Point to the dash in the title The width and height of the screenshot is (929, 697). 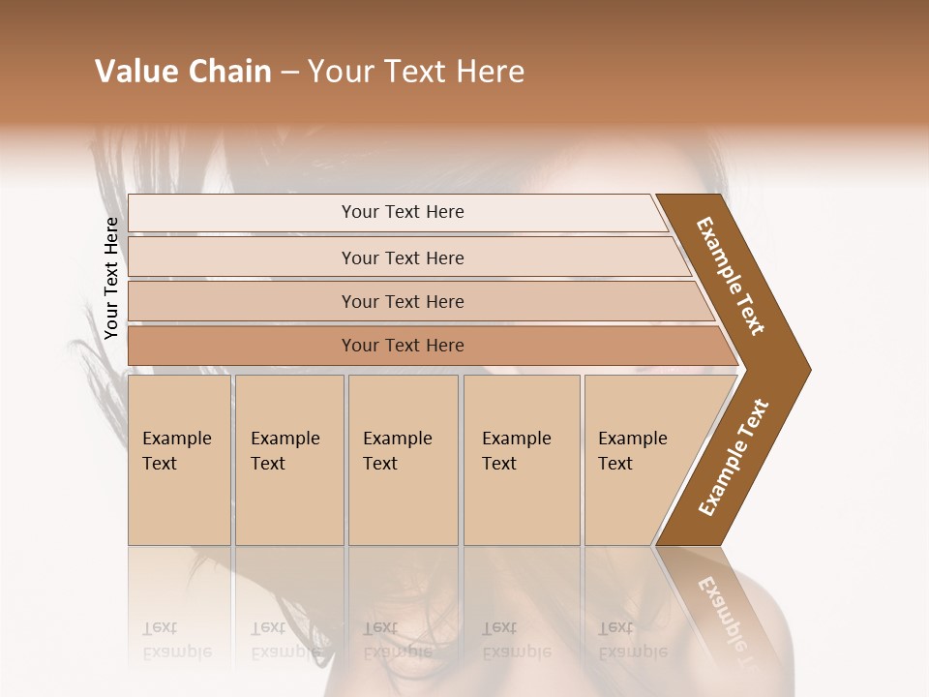(x=288, y=73)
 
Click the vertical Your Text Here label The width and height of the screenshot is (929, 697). (x=111, y=278)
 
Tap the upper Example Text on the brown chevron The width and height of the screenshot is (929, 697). (x=731, y=276)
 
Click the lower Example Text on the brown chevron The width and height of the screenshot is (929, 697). (x=733, y=458)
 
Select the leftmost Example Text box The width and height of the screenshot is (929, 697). (x=179, y=460)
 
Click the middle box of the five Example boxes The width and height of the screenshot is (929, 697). (x=403, y=460)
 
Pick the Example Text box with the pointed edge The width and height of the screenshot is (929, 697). (x=639, y=460)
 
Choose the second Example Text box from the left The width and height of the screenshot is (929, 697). (x=289, y=460)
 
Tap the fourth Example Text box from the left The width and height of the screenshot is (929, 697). (x=522, y=460)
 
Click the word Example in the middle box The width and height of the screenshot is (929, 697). (x=397, y=439)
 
